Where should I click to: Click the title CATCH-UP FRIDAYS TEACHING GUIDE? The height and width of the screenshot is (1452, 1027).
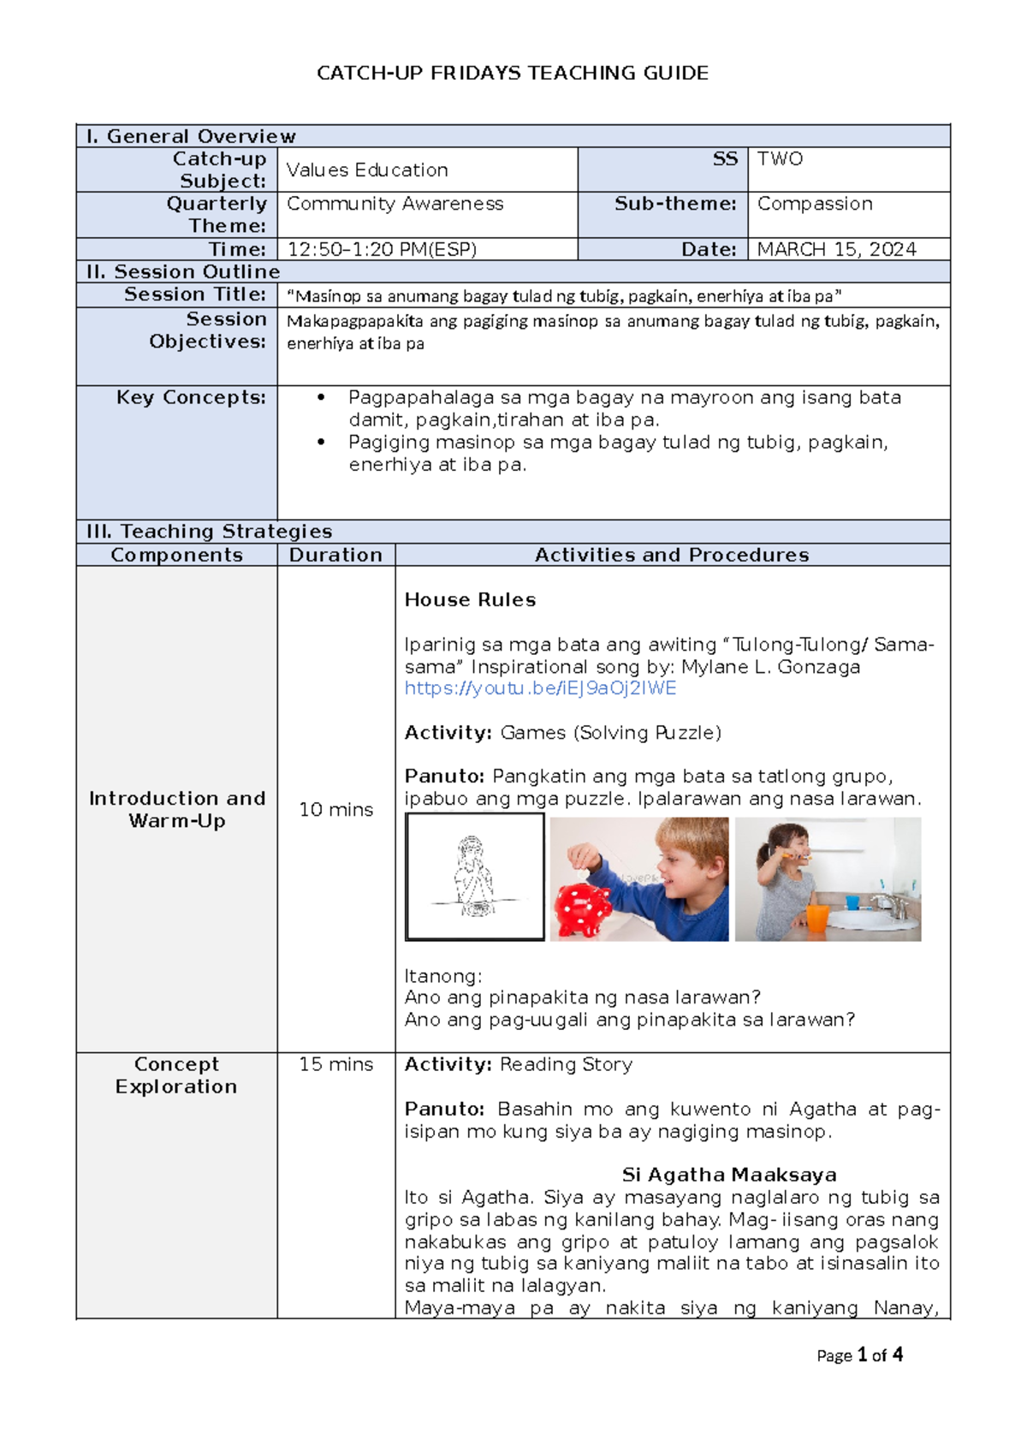point(512,73)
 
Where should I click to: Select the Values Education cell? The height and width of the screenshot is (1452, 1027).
point(367,170)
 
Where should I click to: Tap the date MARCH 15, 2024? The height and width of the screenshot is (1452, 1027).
point(836,249)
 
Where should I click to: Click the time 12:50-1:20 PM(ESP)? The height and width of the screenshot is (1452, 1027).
point(382,249)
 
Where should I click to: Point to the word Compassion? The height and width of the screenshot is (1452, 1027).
point(815,204)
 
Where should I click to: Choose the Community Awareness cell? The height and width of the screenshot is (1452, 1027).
point(395,204)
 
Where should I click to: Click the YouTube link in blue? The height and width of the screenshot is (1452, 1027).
point(540,688)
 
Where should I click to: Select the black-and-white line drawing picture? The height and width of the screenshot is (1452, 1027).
point(475,877)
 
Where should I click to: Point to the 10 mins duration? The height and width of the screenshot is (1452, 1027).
point(335,809)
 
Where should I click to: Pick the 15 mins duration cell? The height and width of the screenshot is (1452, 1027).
point(335,1064)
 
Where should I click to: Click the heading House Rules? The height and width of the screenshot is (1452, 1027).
point(470,599)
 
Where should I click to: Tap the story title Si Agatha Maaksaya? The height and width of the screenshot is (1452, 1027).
point(729,1175)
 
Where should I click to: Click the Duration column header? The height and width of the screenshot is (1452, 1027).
point(335,555)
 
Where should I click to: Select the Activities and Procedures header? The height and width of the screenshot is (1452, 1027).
point(672,555)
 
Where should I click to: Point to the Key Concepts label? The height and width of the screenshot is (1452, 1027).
point(191,397)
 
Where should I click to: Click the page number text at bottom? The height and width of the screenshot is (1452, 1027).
point(859,1354)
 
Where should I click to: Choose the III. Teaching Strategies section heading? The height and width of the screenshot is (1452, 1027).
point(209,531)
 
